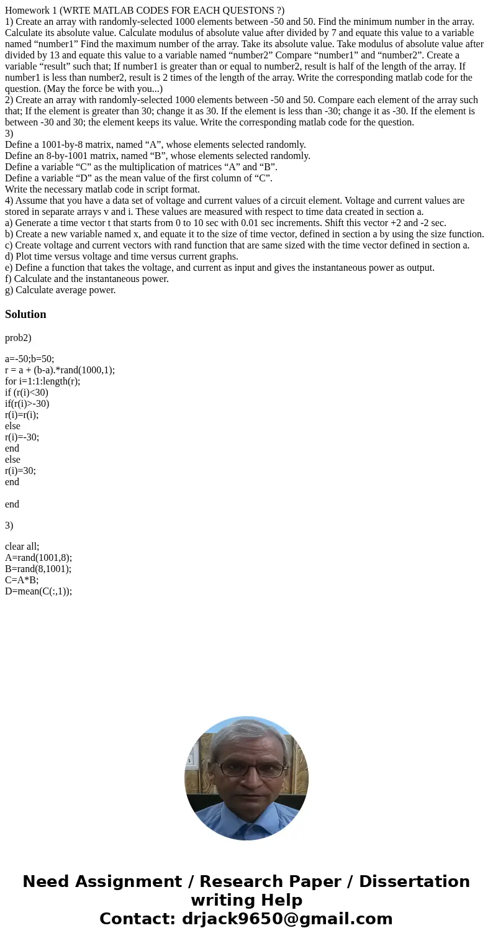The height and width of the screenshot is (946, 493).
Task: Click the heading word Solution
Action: (x=25, y=314)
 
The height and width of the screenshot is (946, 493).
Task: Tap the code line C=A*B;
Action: (x=22, y=580)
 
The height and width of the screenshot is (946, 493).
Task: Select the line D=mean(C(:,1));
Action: (x=38, y=591)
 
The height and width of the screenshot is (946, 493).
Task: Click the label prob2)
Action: (x=18, y=338)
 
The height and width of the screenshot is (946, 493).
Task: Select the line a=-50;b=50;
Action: (x=30, y=359)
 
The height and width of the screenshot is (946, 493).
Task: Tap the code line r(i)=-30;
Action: (x=22, y=437)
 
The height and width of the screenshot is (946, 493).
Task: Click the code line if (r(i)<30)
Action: (x=27, y=393)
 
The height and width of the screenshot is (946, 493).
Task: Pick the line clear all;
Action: (x=22, y=547)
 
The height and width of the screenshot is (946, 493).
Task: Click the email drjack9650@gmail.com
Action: (x=287, y=919)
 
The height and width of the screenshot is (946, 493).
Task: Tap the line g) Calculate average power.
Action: (x=60, y=290)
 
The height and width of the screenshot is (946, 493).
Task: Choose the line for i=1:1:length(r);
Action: (x=43, y=381)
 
